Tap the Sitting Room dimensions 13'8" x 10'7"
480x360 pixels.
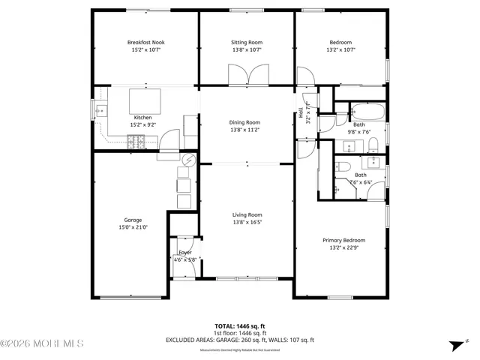(x=246, y=50)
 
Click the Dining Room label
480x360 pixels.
(x=245, y=122)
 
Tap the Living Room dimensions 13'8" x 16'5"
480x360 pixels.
(x=246, y=222)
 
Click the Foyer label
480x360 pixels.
(x=184, y=252)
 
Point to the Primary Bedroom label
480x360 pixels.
(x=343, y=240)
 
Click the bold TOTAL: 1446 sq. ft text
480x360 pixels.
(x=239, y=326)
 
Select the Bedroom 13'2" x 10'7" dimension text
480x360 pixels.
(x=340, y=50)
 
